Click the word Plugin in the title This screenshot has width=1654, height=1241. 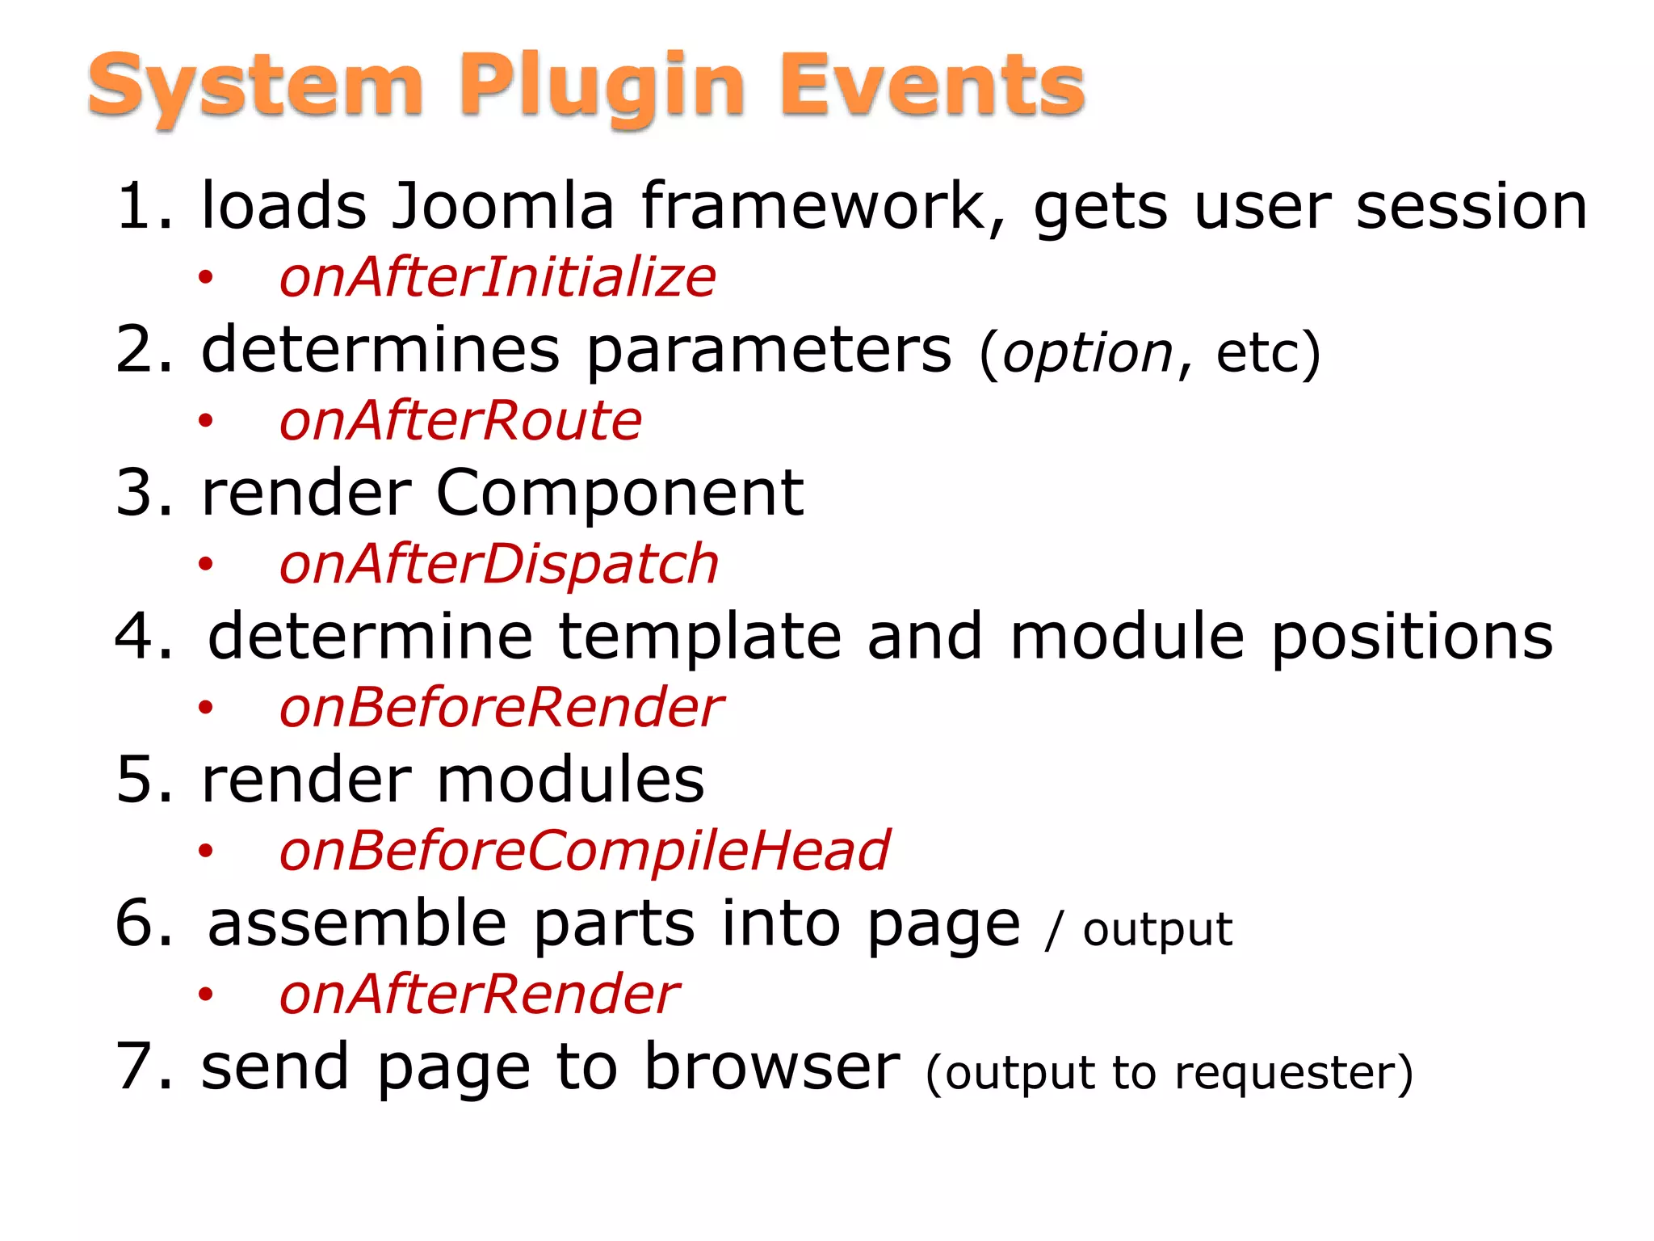tap(602, 85)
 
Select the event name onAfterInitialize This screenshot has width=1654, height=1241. tap(497, 277)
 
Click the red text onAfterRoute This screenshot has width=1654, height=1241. tap(460, 421)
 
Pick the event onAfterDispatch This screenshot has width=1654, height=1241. tap(498, 564)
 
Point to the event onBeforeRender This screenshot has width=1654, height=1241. tap(501, 708)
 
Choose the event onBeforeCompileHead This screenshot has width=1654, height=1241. tap(584, 851)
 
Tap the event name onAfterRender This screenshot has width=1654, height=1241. tap(479, 995)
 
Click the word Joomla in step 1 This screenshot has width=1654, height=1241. tap(502, 206)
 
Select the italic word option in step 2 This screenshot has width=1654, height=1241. tap(1088, 354)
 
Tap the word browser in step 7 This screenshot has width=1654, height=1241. tap(772, 1066)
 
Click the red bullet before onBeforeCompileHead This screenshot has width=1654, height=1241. tap(206, 852)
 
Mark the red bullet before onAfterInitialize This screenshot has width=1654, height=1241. tap(206, 278)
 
